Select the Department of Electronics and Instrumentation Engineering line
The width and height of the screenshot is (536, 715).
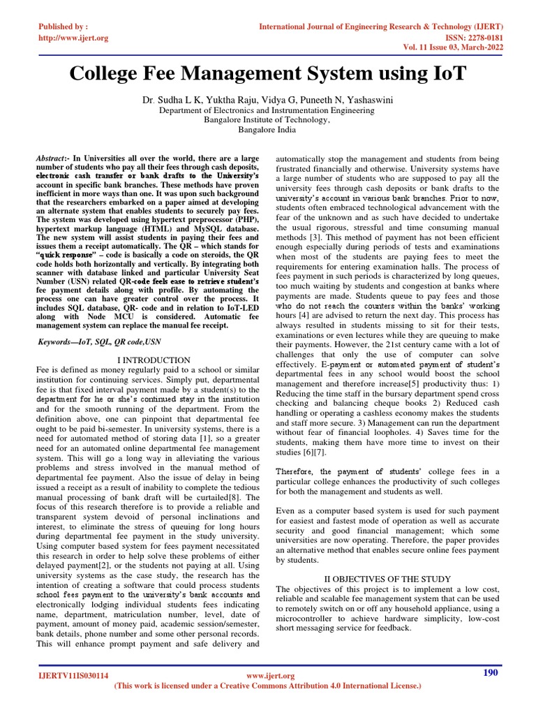pos(267,110)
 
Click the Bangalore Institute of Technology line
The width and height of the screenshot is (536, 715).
pos(267,120)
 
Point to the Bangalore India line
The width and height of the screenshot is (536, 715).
pos(267,130)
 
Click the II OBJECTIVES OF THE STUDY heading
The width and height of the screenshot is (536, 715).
pos(388,579)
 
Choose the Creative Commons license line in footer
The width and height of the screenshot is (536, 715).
pos(267,686)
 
